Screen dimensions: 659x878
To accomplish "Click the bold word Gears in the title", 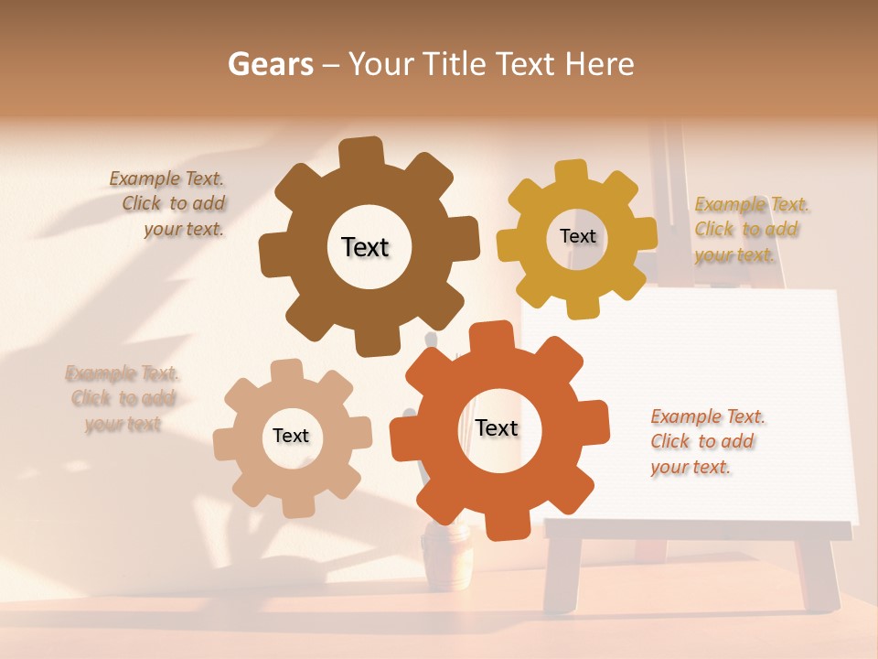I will [270, 64].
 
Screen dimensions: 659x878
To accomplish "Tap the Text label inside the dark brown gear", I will [365, 247].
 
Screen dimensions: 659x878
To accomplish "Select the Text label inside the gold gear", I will [577, 236].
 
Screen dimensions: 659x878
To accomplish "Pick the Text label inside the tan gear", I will [291, 436].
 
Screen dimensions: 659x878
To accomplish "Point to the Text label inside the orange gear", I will [497, 427].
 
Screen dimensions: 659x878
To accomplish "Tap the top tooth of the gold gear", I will [572, 172].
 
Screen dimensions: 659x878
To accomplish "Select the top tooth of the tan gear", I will [286, 372].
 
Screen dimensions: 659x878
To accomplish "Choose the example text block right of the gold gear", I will [750, 230].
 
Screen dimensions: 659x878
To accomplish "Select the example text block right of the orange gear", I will [706, 442].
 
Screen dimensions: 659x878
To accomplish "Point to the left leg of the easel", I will [562, 572].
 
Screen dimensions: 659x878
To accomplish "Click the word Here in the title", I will [600, 64].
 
